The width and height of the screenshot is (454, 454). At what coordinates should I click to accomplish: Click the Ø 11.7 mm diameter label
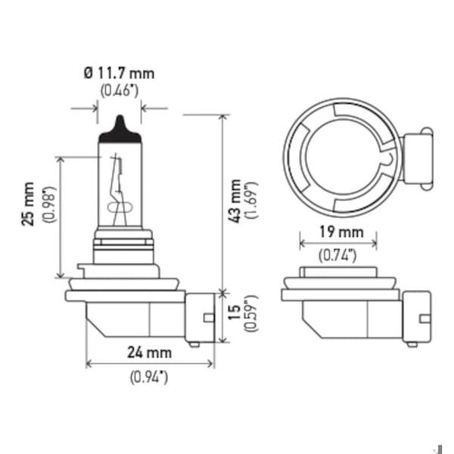(x=120, y=73)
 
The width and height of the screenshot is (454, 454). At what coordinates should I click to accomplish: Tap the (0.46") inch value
(x=120, y=90)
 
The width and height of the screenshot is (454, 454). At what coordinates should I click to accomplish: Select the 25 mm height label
(x=28, y=204)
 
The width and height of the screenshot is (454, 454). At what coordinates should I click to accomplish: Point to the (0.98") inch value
(x=48, y=204)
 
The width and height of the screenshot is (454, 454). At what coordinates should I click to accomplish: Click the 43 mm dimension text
(x=235, y=201)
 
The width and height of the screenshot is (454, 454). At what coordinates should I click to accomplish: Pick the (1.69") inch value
(x=251, y=201)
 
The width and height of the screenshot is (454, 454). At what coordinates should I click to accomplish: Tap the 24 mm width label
(x=149, y=353)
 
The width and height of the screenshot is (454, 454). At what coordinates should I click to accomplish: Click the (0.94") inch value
(x=149, y=378)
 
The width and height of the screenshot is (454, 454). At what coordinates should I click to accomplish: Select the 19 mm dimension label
(x=341, y=232)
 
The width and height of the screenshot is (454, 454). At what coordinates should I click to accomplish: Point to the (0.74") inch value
(x=337, y=256)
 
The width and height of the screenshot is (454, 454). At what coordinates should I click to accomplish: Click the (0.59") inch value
(x=251, y=313)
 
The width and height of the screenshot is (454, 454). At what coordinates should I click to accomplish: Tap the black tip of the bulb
(x=120, y=131)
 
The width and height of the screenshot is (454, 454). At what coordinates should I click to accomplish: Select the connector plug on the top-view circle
(x=418, y=159)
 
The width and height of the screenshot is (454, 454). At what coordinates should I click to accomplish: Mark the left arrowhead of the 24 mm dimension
(x=89, y=364)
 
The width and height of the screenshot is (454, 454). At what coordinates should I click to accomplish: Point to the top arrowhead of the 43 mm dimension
(x=223, y=118)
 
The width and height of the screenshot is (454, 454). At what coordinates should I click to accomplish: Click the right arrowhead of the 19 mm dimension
(x=374, y=243)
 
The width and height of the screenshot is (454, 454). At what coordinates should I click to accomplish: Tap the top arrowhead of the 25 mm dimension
(x=61, y=160)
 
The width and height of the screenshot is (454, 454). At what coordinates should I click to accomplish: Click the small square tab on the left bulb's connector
(x=209, y=318)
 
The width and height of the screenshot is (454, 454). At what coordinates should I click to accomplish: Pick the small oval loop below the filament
(x=120, y=207)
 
